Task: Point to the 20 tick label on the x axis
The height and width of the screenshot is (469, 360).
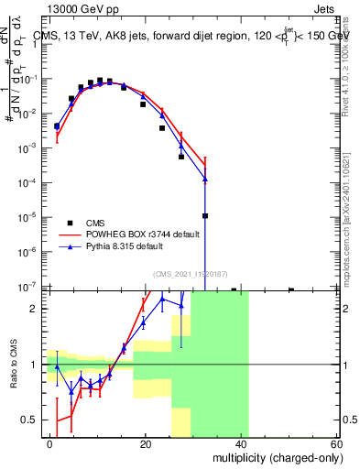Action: pos(146,443)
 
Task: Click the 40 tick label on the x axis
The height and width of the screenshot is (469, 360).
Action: pos(241,443)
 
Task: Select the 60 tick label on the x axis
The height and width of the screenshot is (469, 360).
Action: pos(335,443)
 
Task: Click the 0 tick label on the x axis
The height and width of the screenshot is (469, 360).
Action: pos(50,443)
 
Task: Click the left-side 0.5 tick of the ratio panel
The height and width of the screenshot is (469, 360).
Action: pos(30,420)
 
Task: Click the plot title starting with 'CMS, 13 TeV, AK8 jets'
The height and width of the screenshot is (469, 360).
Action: pos(183,37)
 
